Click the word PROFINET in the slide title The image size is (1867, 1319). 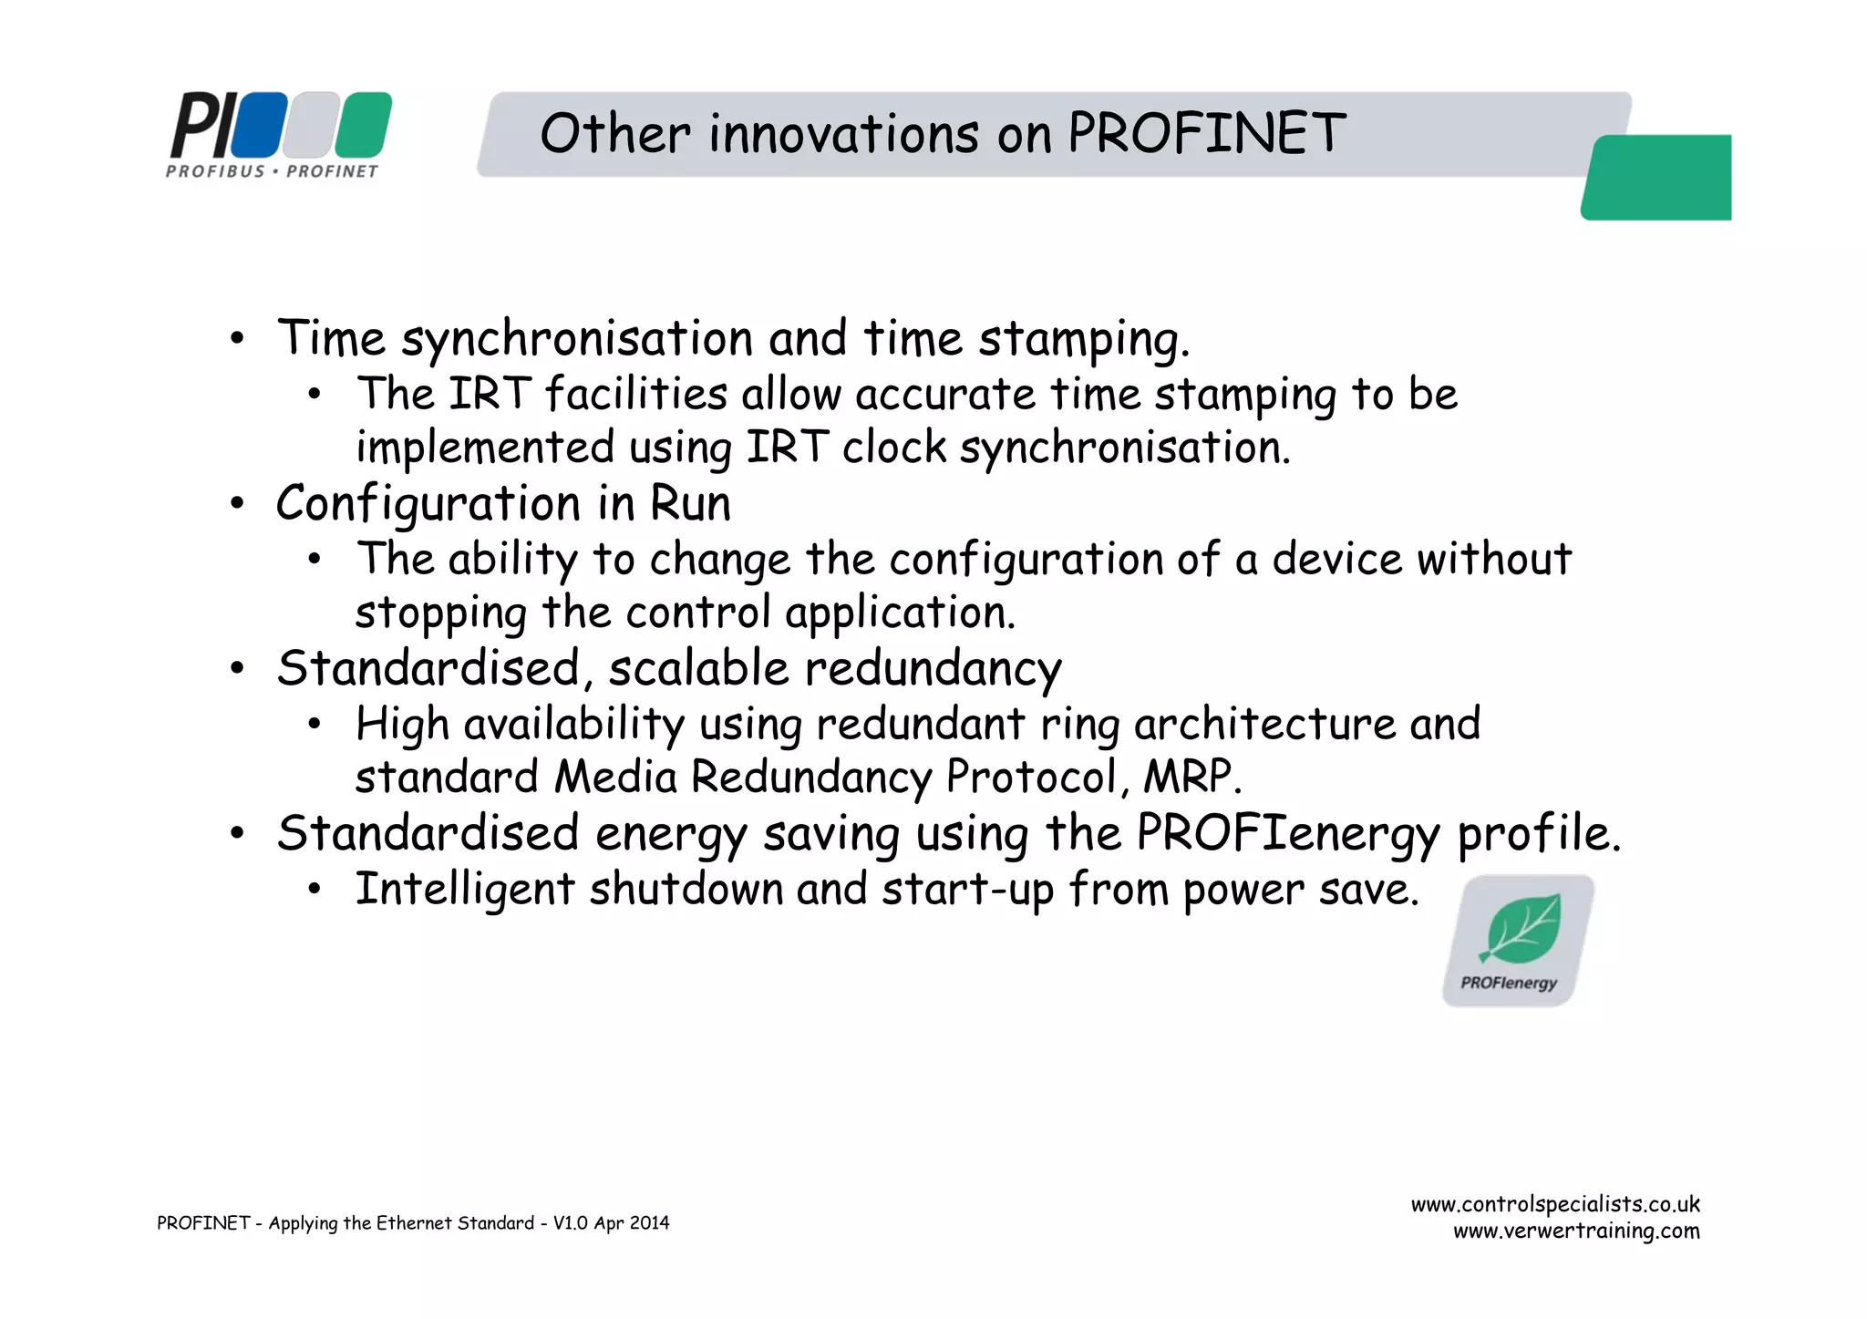tap(1206, 133)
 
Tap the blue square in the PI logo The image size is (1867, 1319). tap(259, 125)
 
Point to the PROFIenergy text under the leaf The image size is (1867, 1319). tap(1509, 983)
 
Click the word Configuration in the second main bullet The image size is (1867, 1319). tap(428, 504)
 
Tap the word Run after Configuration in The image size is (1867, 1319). tap(690, 504)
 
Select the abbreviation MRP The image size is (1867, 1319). tap(1191, 778)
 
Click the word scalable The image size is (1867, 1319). tap(698, 668)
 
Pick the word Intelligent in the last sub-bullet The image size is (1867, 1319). tap(465, 889)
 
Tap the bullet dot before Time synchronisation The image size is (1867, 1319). tap(237, 339)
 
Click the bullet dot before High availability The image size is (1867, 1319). tap(315, 725)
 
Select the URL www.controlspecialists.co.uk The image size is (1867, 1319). tap(1555, 1204)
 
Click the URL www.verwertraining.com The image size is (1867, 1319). tap(1576, 1231)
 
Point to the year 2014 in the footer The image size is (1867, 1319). tap(649, 1223)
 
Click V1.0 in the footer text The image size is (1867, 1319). tap(571, 1223)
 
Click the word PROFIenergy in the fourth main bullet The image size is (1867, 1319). tap(1288, 834)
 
